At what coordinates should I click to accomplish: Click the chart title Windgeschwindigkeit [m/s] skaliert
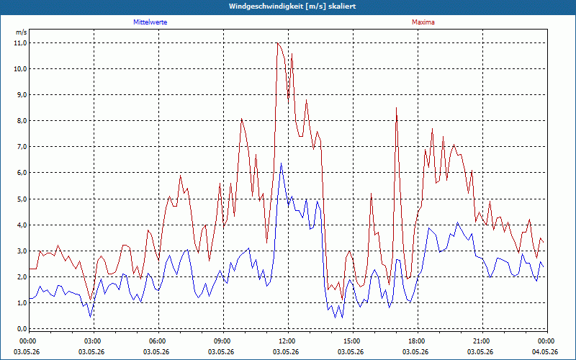tap(292, 6)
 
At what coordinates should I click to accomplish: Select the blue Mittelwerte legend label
tap(150, 22)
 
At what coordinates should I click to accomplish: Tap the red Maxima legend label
tap(423, 22)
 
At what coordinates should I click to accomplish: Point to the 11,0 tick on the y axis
tap(21, 43)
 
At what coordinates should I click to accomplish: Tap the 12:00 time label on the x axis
tap(289, 341)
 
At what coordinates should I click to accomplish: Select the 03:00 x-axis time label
tap(94, 341)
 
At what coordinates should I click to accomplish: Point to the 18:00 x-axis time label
tap(418, 341)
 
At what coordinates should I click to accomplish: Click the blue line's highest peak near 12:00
tap(282, 163)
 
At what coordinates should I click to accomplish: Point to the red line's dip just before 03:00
tap(91, 300)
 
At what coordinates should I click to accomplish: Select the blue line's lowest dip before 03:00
tap(91, 317)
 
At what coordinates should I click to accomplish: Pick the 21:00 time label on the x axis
tap(482, 341)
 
